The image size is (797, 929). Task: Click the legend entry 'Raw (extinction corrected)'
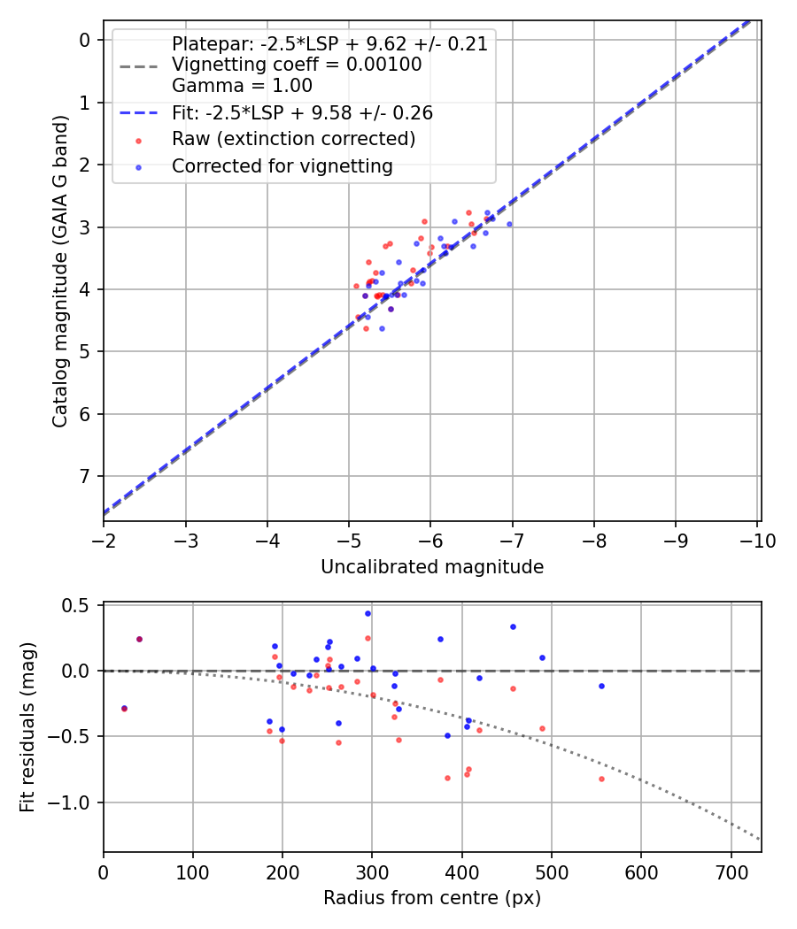tap(293, 139)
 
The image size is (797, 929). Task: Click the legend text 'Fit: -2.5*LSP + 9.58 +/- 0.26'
tap(302, 113)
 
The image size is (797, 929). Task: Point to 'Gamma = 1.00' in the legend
tap(242, 86)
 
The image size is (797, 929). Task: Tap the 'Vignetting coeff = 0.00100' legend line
tap(297, 65)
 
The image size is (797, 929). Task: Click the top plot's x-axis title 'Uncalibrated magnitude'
tap(431, 566)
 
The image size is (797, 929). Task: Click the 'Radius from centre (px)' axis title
tap(431, 898)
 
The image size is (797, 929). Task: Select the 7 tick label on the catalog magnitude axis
tap(85, 477)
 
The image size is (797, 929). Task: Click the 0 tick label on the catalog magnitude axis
tap(85, 40)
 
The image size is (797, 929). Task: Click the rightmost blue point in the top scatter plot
tap(509, 224)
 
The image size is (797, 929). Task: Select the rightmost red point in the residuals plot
tap(601, 779)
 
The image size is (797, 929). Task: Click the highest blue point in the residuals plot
tap(368, 613)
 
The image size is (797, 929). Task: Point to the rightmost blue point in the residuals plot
tap(601, 686)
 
